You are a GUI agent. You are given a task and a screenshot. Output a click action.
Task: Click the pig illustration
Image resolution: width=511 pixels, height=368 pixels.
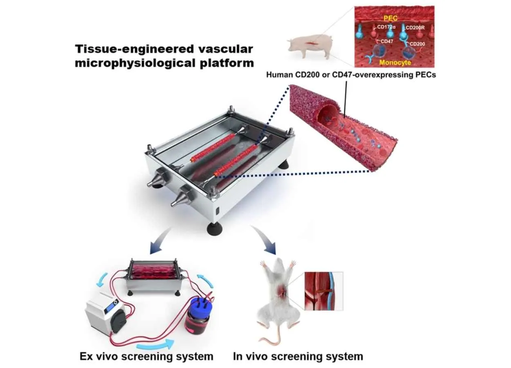310,46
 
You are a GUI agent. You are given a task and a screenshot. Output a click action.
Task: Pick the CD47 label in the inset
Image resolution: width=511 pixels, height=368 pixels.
387,41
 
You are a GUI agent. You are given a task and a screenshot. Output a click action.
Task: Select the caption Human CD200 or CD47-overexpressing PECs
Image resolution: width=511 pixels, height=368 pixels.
351,75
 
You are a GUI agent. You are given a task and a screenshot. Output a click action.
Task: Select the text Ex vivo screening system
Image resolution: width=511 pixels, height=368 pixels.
146,356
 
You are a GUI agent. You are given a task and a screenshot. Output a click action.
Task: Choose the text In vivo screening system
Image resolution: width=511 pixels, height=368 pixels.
298,356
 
